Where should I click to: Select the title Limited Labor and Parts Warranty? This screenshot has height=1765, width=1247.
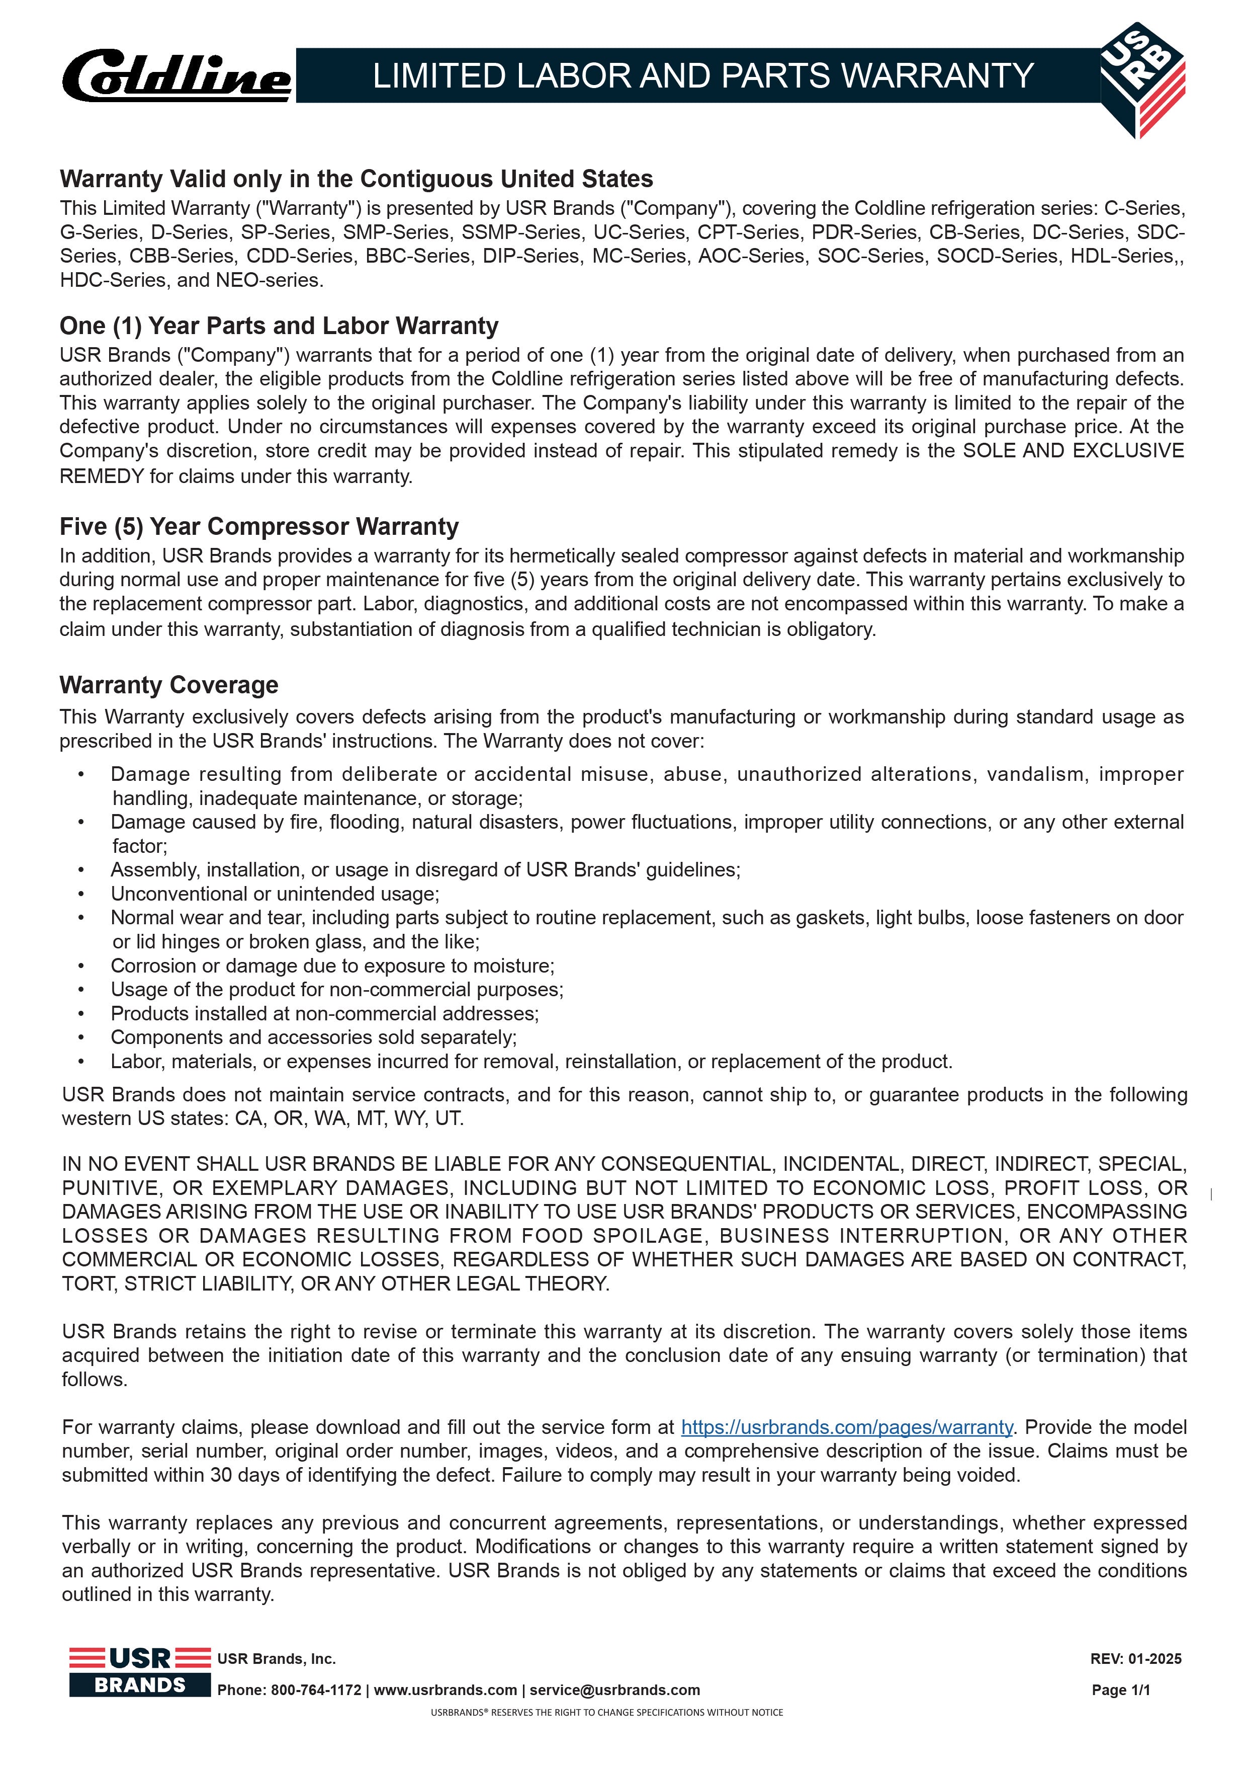click(702, 76)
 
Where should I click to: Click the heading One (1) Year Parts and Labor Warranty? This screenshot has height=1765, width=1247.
click(279, 326)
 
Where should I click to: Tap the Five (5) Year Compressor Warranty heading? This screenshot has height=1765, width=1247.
click(259, 527)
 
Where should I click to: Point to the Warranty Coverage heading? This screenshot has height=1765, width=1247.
click(169, 685)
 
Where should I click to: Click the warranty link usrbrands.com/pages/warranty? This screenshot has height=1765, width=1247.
click(847, 1427)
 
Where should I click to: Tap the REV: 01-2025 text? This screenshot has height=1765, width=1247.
click(1135, 1659)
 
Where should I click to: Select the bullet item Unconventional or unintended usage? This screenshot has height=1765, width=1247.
click(275, 894)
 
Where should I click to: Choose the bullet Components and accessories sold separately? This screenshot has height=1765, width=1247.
click(313, 1038)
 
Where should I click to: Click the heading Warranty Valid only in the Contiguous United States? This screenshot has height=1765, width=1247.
click(357, 179)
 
